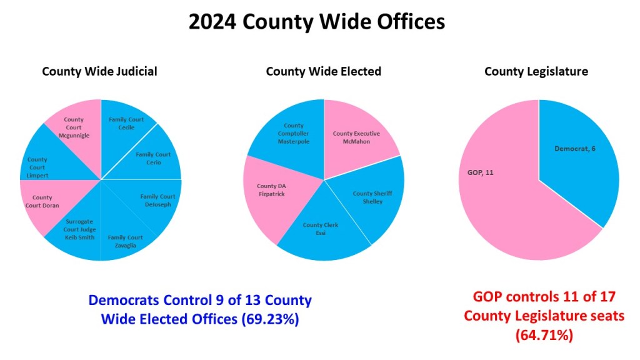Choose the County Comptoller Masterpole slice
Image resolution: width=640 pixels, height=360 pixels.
pos(294,133)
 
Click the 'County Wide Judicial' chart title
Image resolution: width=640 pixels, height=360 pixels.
pos(99,71)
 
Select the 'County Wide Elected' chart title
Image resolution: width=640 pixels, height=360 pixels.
pos(323,71)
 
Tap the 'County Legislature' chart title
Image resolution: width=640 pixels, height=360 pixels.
pos(536,71)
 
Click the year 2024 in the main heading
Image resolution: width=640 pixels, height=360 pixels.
pos(212,22)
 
